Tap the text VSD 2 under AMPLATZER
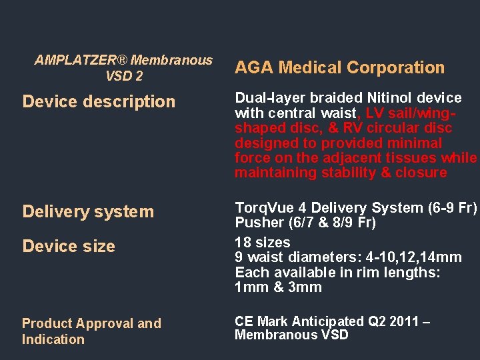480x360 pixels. [124, 76]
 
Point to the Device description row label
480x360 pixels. [99, 101]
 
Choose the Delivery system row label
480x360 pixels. [88, 211]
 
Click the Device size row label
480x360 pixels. [69, 246]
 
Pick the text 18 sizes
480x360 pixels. [263, 242]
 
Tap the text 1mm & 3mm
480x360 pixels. [278, 287]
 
